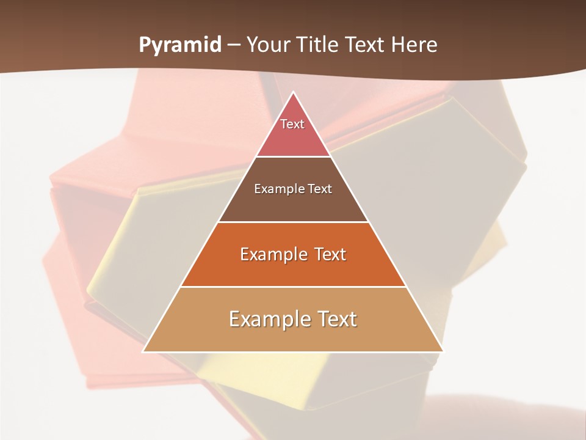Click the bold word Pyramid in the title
[179, 45]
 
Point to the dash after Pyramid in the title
[233, 45]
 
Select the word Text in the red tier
[292, 124]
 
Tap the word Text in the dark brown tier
[320, 189]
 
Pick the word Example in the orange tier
[272, 254]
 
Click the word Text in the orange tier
[330, 254]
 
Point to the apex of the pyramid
[293, 92]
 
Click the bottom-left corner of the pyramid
[143, 351]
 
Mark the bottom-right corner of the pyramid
[443, 351]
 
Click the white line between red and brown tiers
[293, 156]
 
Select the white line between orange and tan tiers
[293, 287]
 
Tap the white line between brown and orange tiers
[293, 222]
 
